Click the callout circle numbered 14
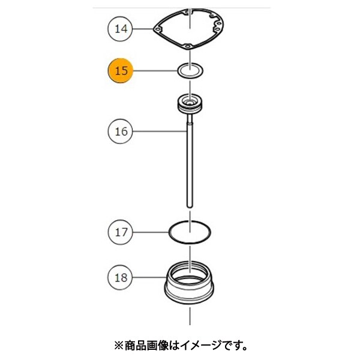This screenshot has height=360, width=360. point(121,29)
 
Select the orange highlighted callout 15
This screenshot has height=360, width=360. point(121,70)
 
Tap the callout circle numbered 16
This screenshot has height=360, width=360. point(121,131)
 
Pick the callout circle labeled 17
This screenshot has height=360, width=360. point(121,232)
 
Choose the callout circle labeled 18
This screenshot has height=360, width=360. point(121,277)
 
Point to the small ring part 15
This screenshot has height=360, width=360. point(179,71)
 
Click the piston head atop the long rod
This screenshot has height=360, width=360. point(190,104)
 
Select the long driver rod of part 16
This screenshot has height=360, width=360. point(190,161)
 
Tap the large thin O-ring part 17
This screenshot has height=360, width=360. point(169,232)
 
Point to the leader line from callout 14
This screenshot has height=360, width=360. point(143,29)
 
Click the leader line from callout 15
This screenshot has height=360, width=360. point(155,71)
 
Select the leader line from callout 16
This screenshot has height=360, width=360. point(160,131)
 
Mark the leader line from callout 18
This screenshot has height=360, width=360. point(149,277)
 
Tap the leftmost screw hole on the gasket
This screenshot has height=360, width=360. point(157,29)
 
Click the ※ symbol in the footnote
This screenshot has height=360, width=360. point(119,346)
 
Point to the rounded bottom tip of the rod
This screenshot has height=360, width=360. point(190,207)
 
